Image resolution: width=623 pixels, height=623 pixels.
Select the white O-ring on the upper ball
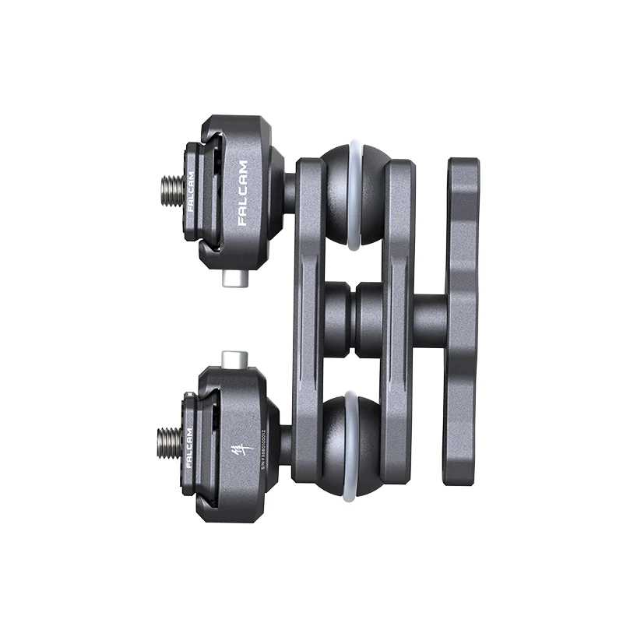click(x=355, y=195)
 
